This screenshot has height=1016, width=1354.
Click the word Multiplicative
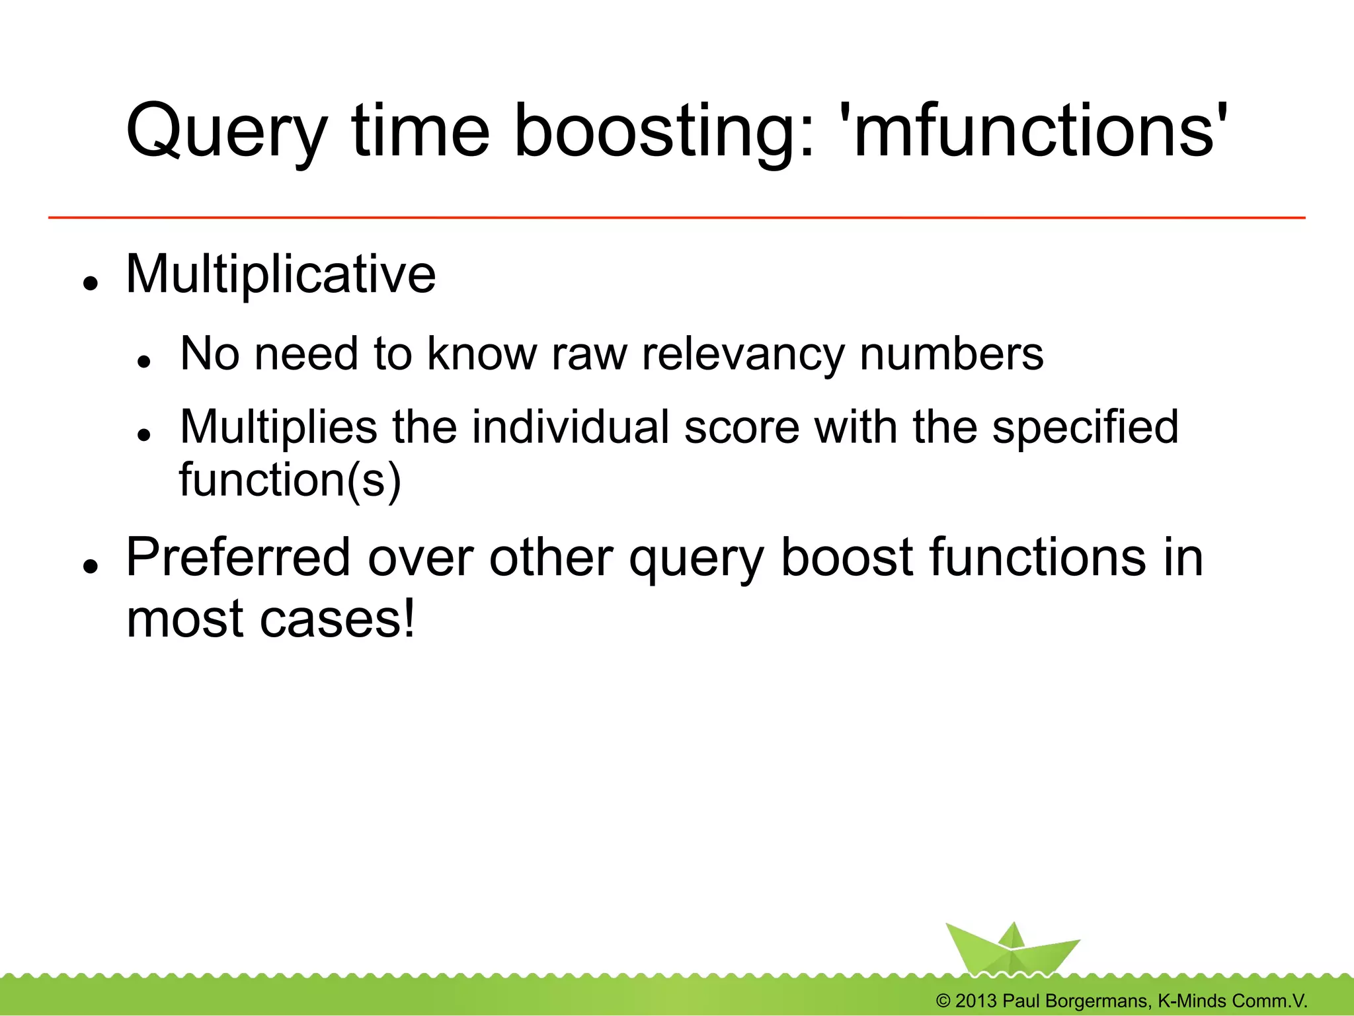(281, 274)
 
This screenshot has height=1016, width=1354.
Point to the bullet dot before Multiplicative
(91, 284)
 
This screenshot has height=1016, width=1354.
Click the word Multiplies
(278, 428)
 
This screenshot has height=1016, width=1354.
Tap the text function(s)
(290, 480)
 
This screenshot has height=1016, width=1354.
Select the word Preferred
(238, 559)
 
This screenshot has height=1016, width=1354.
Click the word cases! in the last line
(337, 619)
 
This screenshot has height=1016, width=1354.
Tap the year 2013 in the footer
(975, 1001)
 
